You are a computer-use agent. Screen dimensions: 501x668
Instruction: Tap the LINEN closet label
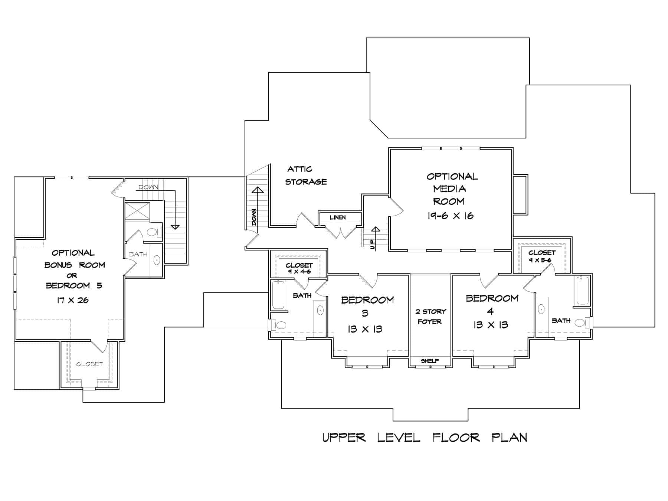point(338,217)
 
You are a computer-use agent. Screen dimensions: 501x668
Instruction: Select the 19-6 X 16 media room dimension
point(450,216)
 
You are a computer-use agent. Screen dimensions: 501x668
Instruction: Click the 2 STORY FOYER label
point(430,317)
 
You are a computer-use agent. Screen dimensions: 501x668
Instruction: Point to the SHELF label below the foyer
point(430,361)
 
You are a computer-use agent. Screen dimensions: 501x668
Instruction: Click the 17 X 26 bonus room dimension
point(73,300)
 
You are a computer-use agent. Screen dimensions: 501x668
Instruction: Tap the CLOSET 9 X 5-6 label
point(542,256)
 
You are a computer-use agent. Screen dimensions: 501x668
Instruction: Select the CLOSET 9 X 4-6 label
point(299,268)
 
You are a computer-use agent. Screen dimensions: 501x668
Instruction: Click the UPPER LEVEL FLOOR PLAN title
point(425,438)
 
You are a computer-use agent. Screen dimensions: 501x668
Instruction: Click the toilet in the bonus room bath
point(152,233)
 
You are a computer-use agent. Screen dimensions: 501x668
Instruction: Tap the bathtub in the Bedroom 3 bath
point(278,295)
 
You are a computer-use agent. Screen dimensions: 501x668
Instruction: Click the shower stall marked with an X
point(137,211)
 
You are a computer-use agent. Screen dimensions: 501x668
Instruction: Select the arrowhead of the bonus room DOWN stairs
point(175,227)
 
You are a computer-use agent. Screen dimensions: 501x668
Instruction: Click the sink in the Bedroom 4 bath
point(541,309)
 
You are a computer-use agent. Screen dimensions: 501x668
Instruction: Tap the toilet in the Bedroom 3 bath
point(281,325)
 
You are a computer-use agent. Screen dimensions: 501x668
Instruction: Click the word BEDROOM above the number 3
point(367,300)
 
